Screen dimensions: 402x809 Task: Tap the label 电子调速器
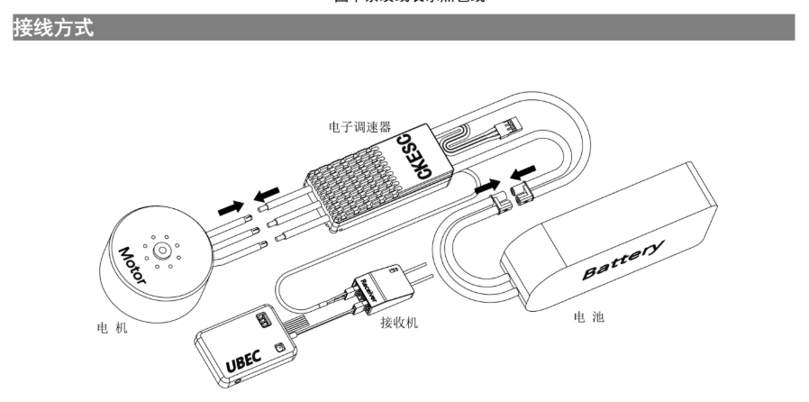(x=359, y=128)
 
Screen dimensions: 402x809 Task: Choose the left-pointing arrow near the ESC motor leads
(x=268, y=193)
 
